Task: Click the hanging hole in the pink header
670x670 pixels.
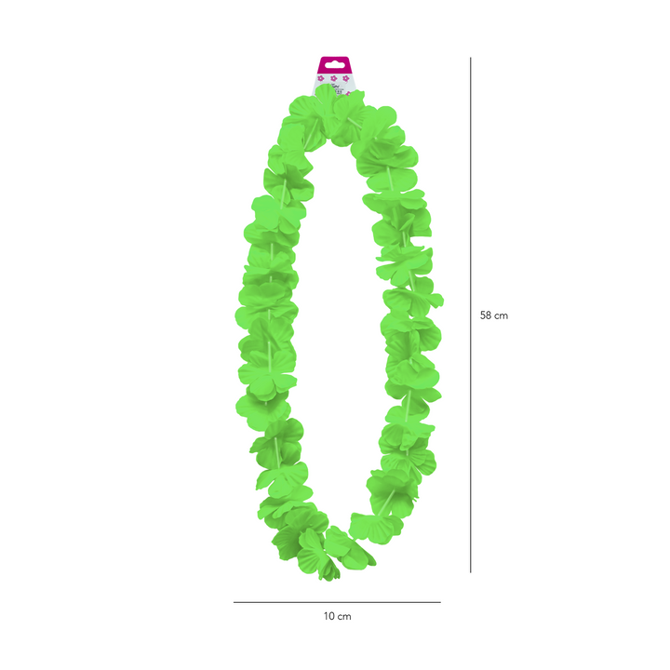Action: click(334, 66)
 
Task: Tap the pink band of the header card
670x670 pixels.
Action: click(334, 65)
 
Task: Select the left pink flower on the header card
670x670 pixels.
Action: click(321, 78)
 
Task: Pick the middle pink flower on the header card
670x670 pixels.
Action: click(334, 78)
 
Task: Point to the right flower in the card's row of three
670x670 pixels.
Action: click(345, 78)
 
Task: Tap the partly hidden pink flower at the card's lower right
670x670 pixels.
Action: click(348, 94)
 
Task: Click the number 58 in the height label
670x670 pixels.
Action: click(486, 315)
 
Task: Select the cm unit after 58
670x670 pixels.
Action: click(502, 316)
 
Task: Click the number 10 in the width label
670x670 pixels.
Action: click(329, 616)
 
